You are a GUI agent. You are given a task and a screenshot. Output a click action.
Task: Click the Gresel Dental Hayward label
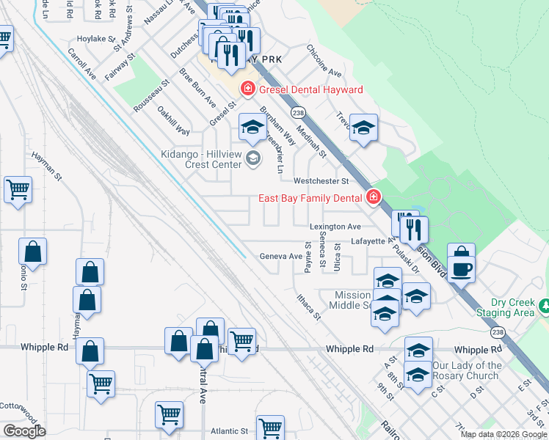click(310, 90)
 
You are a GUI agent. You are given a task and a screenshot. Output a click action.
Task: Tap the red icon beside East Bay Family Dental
click(374, 197)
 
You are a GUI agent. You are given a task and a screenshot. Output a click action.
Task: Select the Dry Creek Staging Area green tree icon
click(545, 304)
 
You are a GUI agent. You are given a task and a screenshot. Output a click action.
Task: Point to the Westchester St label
click(320, 180)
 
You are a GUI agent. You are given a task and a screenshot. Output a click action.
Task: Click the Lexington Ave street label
click(335, 227)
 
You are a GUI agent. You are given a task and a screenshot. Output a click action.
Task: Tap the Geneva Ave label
click(281, 257)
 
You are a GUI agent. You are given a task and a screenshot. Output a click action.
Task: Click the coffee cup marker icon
click(461, 268)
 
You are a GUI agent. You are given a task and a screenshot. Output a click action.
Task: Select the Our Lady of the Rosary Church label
click(467, 370)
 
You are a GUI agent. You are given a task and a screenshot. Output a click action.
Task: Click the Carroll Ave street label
click(81, 64)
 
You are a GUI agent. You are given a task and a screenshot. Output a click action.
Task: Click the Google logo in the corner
click(24, 431)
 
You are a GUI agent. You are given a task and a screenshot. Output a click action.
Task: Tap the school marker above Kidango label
click(252, 128)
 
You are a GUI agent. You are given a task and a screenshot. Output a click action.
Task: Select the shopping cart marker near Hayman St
click(18, 190)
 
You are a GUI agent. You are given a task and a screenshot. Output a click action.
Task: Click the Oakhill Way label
click(174, 121)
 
